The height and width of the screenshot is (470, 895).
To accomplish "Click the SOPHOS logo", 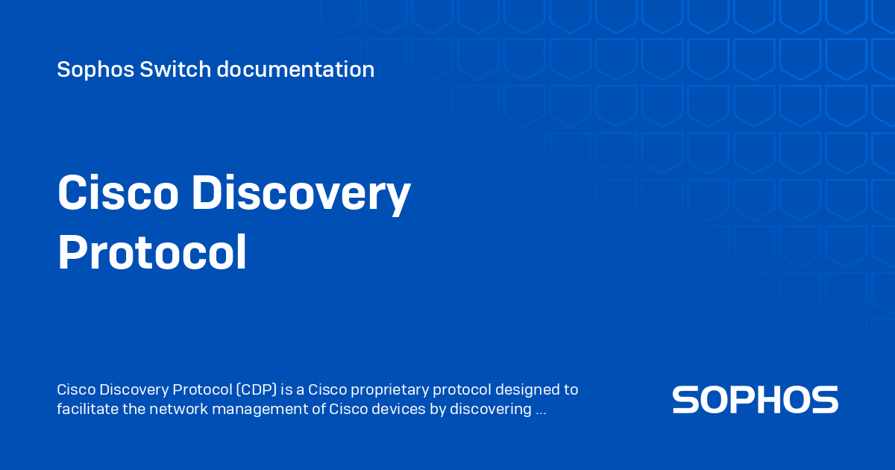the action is coord(755,399).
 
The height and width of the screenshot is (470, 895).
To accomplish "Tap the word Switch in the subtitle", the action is coord(175,69).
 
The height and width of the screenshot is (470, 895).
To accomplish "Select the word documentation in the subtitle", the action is coord(295,69).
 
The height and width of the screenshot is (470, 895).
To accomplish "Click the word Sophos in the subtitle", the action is coord(95,70).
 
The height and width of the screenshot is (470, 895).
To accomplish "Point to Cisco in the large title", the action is coord(118,192).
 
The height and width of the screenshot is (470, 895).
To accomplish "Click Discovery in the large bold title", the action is coord(301,195).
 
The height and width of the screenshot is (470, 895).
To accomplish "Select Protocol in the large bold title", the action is coord(152,253).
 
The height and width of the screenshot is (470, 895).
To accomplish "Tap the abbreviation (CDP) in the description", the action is coord(257,389).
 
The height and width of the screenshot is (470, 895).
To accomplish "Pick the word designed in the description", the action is coord(527,390).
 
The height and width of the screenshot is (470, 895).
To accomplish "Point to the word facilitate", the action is coord(87,409).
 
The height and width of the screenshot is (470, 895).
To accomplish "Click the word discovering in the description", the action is coord(491,410).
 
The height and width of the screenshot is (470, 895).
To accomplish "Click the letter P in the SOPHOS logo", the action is coord(750,399).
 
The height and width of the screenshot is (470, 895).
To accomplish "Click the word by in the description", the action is coord(438,410).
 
